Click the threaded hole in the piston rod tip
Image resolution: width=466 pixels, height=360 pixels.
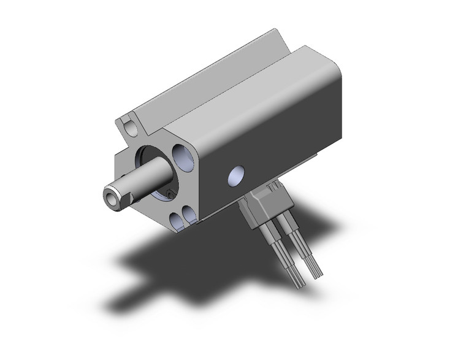pyautogui.click(x=111, y=197)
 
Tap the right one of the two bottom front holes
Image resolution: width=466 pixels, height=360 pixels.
pyautogui.click(x=189, y=213)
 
